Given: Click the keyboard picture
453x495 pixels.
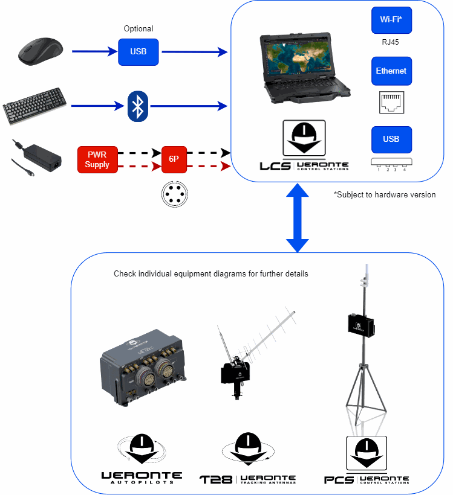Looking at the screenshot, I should tap(34, 107).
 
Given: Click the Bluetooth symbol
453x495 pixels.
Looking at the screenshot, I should tap(139, 107).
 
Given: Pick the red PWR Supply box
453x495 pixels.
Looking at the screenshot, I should tap(97, 159).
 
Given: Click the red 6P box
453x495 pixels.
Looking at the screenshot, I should tap(174, 159).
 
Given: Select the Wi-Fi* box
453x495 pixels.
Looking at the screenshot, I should tap(391, 20).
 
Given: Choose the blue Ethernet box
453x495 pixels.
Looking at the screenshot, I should tap(391, 71).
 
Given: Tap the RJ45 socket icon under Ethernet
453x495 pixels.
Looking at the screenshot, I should tap(391, 102).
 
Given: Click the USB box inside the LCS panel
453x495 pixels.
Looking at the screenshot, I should tap(391, 139).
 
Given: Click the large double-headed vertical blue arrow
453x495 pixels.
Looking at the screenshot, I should tap(298, 218).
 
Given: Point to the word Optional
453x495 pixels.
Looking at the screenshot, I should tap(139, 28).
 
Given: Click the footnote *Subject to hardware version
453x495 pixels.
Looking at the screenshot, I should tap(385, 194).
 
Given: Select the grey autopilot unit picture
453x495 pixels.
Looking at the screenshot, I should tap(143, 362).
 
